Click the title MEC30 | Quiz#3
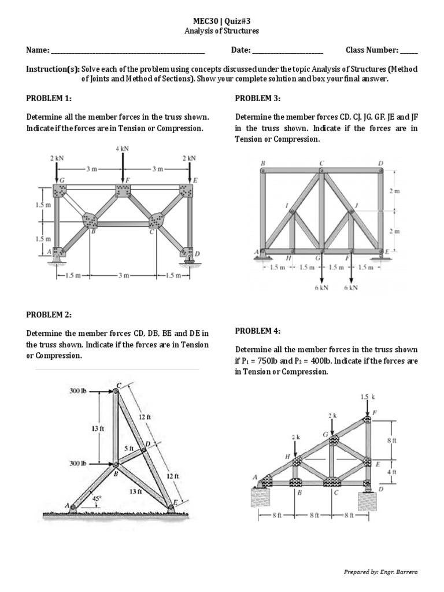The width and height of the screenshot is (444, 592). (x=222, y=20)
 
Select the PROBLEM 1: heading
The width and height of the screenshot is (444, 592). (x=49, y=99)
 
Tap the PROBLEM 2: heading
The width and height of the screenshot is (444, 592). (x=49, y=314)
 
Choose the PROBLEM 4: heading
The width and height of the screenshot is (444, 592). (x=258, y=331)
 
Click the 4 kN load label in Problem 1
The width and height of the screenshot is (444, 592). (x=122, y=149)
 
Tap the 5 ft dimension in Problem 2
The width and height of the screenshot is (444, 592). (x=128, y=448)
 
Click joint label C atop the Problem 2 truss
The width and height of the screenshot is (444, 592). (x=119, y=384)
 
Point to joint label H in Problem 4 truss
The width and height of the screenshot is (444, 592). (x=287, y=457)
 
